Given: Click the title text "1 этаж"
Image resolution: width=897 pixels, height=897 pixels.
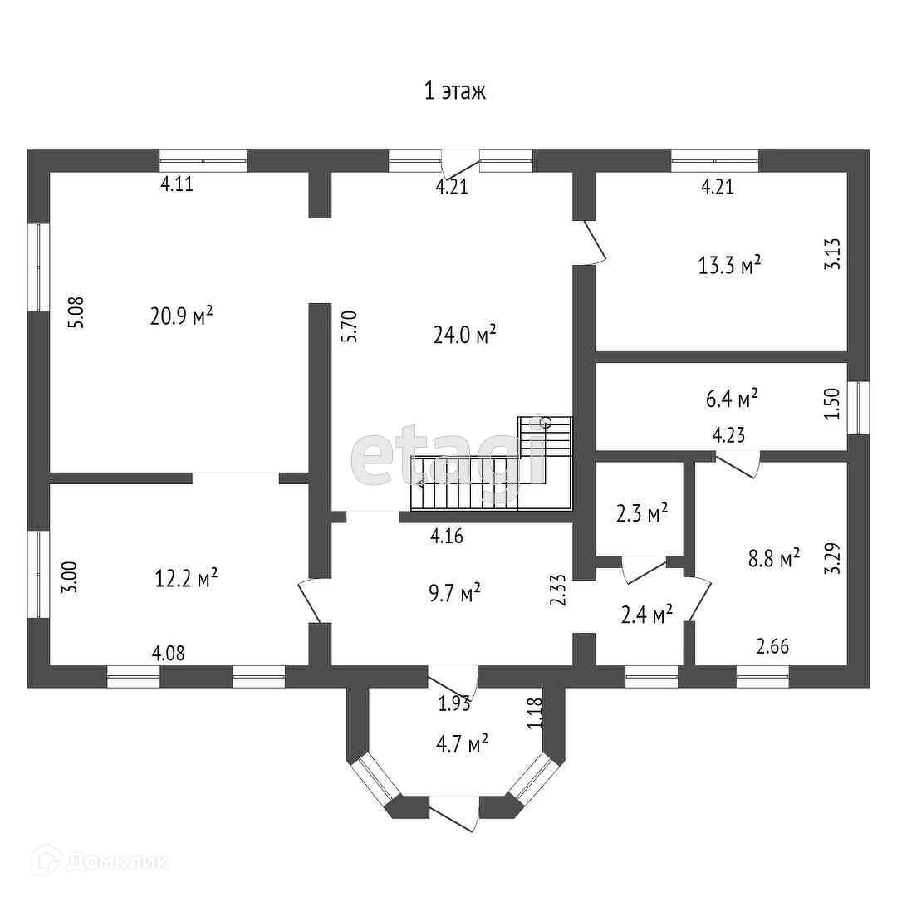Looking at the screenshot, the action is [x=454, y=91].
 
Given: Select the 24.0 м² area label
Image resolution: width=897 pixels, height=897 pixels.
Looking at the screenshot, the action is [x=464, y=335].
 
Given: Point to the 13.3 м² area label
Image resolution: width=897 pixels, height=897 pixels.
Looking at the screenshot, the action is [x=730, y=266].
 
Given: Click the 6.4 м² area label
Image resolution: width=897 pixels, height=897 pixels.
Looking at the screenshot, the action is [x=732, y=399].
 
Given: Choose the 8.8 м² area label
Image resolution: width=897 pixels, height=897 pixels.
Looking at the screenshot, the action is [x=772, y=557].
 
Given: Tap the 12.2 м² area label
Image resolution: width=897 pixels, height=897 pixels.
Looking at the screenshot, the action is [x=187, y=577].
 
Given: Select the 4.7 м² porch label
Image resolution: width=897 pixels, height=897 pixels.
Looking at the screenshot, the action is [x=461, y=743].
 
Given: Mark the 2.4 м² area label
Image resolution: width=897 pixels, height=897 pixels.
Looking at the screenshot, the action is [x=646, y=615].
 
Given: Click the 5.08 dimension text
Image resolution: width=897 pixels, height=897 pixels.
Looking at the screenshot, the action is [x=76, y=314].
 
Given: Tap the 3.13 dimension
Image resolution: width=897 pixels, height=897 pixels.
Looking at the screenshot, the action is [x=833, y=253].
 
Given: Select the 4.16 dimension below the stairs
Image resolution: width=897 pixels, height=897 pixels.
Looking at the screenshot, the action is [x=446, y=537].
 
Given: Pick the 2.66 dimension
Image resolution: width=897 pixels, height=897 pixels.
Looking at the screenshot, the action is [x=772, y=647].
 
